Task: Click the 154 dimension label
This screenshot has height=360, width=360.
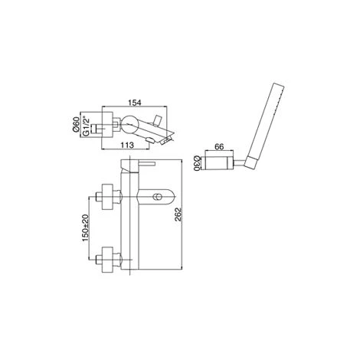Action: tap(134, 103)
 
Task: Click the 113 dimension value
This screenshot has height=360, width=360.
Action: tap(127, 146)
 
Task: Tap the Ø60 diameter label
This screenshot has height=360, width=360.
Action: tap(75, 125)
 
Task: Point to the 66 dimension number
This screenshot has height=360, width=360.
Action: tap(219, 147)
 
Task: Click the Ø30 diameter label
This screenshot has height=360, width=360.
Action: tap(197, 163)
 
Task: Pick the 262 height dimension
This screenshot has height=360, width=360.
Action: tap(178, 214)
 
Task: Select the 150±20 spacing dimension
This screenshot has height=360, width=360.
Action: tap(85, 227)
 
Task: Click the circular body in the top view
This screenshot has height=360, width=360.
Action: tap(129, 124)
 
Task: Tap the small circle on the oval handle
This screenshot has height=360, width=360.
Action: tap(156, 197)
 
